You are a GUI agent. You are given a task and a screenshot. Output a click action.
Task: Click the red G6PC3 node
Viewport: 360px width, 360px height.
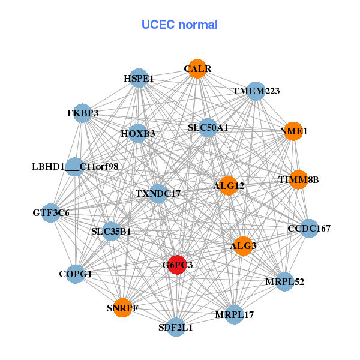pyautogui.click(x=176, y=264)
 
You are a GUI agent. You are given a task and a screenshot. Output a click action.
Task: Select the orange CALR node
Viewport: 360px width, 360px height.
pyautogui.click(x=197, y=68)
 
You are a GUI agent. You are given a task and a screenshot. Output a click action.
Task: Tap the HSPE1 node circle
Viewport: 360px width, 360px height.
pyautogui.click(x=139, y=78)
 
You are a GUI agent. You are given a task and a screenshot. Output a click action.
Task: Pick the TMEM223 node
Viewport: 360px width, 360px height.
pyautogui.click(x=256, y=91)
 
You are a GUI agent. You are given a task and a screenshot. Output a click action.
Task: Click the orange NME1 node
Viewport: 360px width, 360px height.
pyautogui.click(x=293, y=131)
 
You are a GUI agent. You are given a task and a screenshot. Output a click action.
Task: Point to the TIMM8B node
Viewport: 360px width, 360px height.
pyautogui.click(x=298, y=180)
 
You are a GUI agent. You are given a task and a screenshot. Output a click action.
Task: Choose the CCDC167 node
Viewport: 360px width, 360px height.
pyautogui.click(x=309, y=228)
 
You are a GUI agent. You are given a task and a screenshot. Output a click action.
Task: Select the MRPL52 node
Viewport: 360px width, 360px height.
pyautogui.click(x=285, y=281)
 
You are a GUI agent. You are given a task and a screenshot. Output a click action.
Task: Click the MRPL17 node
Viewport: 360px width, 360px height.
pyautogui.click(x=235, y=314)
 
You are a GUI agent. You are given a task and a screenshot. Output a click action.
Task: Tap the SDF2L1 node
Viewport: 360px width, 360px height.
pyautogui.click(x=176, y=327)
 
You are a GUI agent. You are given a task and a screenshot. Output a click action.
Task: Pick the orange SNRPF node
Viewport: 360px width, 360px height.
pyautogui.click(x=122, y=308)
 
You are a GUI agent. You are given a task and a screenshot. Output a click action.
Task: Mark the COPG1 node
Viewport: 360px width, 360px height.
pyautogui.click(x=76, y=274)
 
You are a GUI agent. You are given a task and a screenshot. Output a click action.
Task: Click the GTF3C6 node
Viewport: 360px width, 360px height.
pyautogui.click(x=51, y=212)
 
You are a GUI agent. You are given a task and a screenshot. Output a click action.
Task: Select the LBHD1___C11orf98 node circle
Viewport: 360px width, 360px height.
pyautogui.click(x=75, y=166)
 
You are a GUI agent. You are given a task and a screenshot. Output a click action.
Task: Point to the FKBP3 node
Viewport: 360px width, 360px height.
pyautogui.click(x=83, y=113)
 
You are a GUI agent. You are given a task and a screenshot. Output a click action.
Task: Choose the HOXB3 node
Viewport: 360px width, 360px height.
pyautogui.click(x=138, y=133)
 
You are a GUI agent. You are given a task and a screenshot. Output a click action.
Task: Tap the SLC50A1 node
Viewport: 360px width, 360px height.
pyautogui.click(x=208, y=128)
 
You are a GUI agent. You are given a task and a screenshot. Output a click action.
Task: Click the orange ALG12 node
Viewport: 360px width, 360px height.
pyautogui.click(x=228, y=186)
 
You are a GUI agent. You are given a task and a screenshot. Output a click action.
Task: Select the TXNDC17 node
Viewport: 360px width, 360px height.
pyautogui.click(x=158, y=194)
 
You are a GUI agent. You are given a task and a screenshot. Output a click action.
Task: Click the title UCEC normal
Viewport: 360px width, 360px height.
pyautogui.click(x=179, y=25)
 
